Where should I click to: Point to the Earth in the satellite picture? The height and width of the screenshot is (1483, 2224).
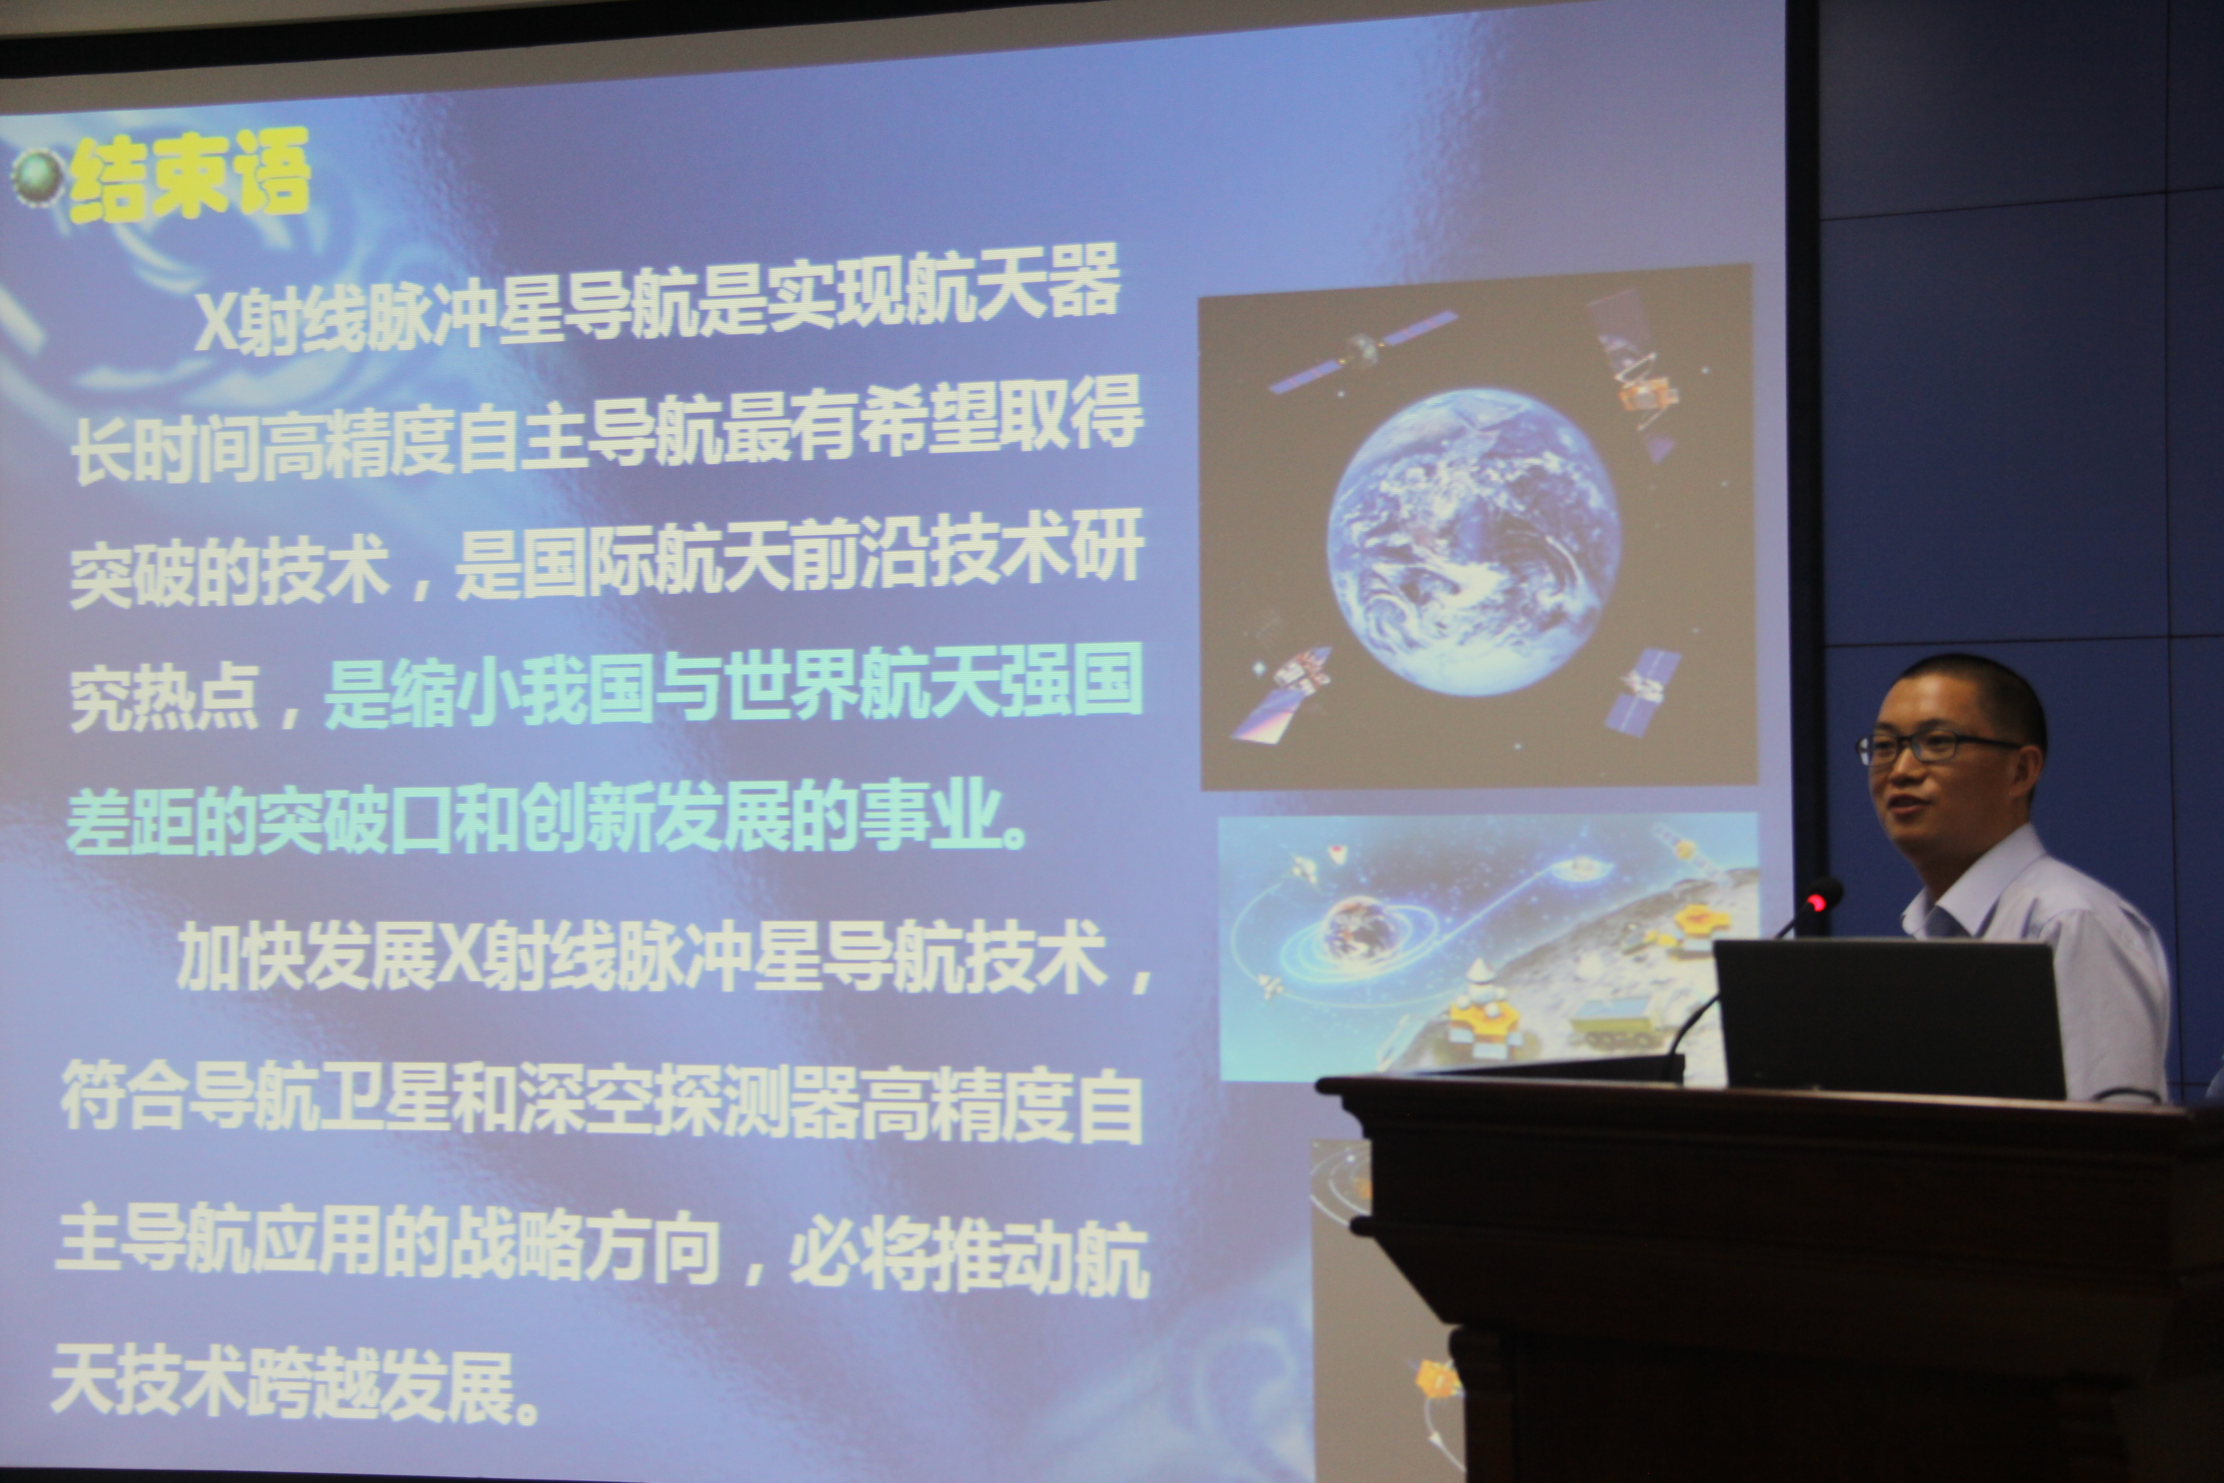click(x=1473, y=537)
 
